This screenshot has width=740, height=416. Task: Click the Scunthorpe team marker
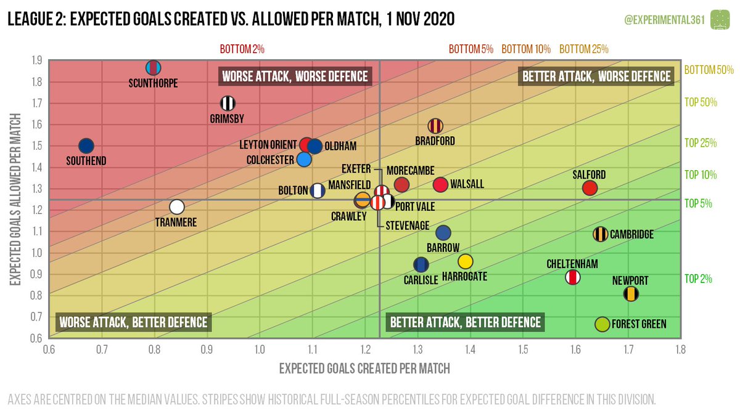click(x=154, y=67)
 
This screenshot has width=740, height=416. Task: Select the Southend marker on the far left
click(x=86, y=146)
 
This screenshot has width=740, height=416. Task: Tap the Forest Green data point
click(x=602, y=324)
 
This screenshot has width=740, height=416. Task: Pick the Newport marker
click(x=631, y=294)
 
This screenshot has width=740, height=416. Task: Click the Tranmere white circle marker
click(x=177, y=207)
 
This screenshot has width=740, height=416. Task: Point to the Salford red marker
click(x=590, y=188)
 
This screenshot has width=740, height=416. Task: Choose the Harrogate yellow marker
click(x=466, y=261)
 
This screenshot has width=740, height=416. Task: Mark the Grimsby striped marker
click(x=228, y=104)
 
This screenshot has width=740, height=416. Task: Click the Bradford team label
click(x=435, y=141)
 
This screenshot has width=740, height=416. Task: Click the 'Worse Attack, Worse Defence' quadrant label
click(x=295, y=76)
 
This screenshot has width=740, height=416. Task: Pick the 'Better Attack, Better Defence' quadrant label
click(x=466, y=322)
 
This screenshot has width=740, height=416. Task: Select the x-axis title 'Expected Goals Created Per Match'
click(x=364, y=369)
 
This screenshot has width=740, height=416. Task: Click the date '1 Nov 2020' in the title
click(x=406, y=20)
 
